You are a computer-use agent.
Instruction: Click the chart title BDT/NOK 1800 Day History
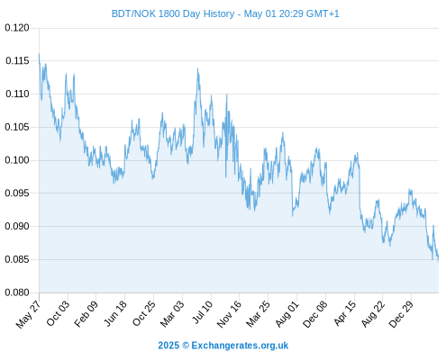click(x=173, y=13)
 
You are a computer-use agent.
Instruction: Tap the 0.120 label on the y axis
click(x=17, y=28)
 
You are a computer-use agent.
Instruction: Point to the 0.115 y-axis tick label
click(x=17, y=61)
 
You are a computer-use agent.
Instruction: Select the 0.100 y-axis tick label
click(x=17, y=160)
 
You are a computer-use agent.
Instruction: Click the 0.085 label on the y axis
click(x=17, y=259)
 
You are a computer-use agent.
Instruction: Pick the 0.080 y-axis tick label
click(x=17, y=292)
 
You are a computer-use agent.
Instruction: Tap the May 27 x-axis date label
click(x=28, y=314)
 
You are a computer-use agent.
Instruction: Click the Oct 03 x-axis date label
click(x=58, y=313)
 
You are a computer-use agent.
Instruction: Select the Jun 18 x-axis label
click(x=115, y=313)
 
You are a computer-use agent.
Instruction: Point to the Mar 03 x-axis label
click(x=172, y=313)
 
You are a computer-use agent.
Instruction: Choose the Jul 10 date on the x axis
click(x=202, y=312)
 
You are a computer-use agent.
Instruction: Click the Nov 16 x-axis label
click(x=229, y=314)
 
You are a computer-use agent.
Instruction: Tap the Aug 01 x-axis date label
click(x=287, y=314)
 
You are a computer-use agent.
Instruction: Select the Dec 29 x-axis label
click(x=401, y=314)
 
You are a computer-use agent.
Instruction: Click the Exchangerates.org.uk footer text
click(x=240, y=346)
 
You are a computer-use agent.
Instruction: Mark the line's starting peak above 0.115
click(x=39, y=54)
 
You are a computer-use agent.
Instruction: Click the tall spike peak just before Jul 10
click(x=197, y=68)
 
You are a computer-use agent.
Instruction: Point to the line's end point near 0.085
click(x=438, y=260)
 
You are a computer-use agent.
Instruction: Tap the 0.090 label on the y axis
click(x=17, y=226)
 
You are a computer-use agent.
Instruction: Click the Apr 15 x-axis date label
click(x=344, y=313)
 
